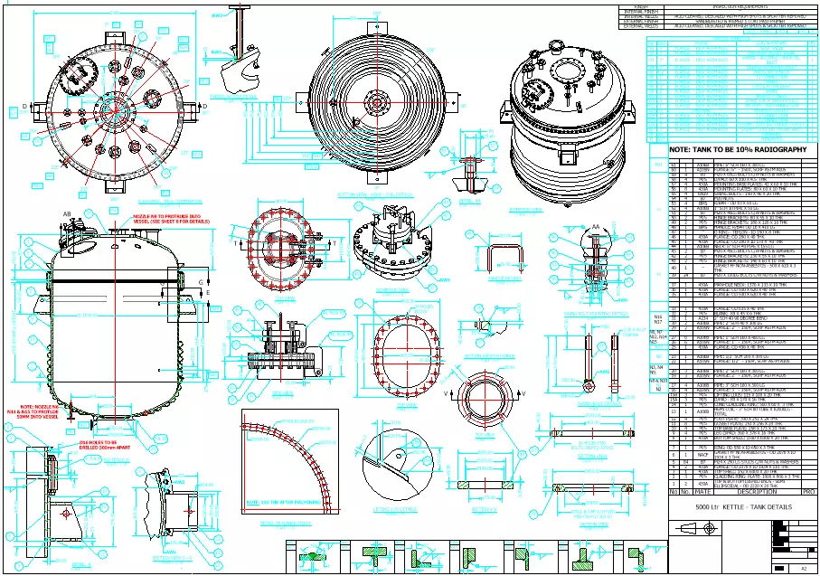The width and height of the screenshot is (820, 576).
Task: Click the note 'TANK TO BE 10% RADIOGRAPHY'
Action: (738, 149)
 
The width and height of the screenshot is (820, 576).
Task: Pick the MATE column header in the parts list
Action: (702, 492)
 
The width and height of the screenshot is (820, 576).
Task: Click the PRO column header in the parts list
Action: (808, 492)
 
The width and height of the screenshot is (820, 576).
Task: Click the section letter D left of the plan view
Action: (24, 107)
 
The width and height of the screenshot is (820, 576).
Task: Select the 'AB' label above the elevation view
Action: (66, 213)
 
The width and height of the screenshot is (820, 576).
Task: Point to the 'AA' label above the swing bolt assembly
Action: (570, 226)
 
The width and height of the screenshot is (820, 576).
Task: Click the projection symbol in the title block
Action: (689, 531)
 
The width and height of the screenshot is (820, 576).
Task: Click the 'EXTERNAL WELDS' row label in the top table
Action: (641, 26)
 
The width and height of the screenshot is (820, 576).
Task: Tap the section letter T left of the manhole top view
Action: (236, 244)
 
